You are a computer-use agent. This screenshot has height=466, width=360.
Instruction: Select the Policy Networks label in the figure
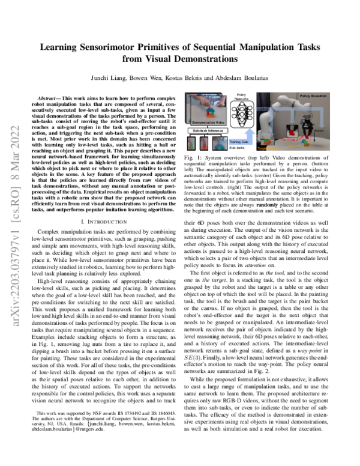[242, 97]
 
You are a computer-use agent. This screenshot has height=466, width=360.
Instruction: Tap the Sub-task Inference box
[209, 130]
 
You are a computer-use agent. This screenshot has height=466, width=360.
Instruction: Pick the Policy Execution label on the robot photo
[313, 96]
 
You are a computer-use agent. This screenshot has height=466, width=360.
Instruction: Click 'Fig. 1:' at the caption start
[190, 158]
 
